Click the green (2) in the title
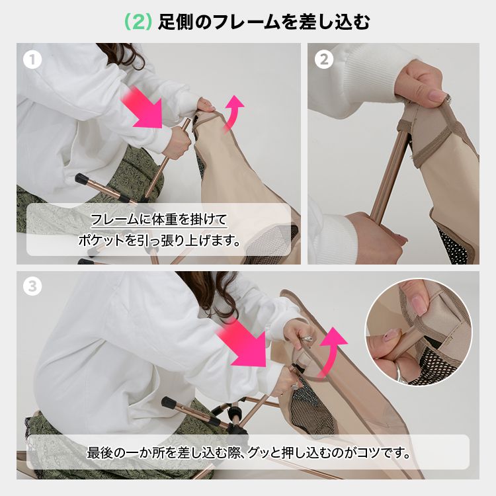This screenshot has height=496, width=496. pyautogui.click(x=138, y=22)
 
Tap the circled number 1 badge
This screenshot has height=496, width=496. pyautogui.click(x=32, y=60)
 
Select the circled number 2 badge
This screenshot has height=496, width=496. pyautogui.click(x=323, y=60)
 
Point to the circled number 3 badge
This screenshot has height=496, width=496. pyautogui.click(x=32, y=286)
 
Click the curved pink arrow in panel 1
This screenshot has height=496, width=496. pyautogui.click(x=235, y=112)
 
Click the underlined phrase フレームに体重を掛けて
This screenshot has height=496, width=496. pyautogui.click(x=159, y=219)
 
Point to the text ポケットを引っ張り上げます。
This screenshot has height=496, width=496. pyautogui.click(x=159, y=241)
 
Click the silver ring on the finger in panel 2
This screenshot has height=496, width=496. pyautogui.click(x=447, y=99)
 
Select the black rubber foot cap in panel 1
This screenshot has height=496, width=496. pyautogui.click(x=81, y=179)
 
